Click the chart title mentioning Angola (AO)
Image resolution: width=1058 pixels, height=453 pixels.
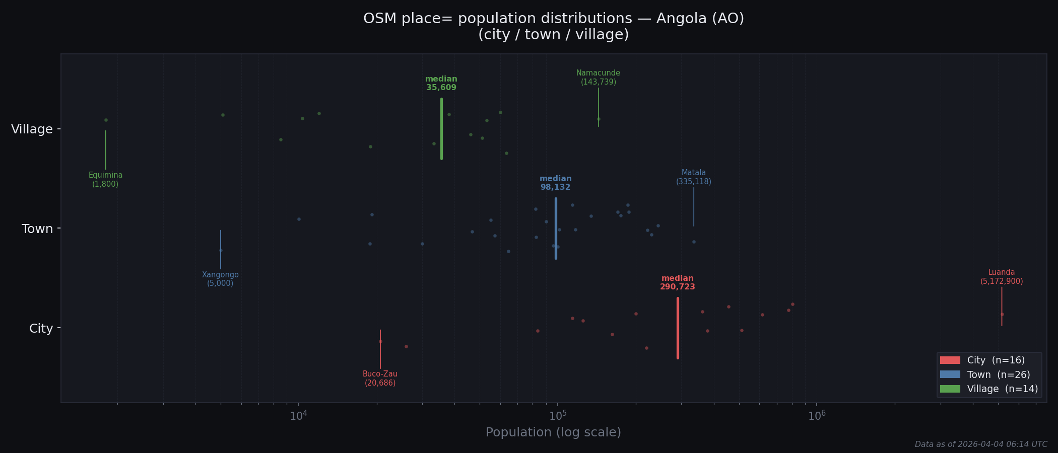tap(553, 26)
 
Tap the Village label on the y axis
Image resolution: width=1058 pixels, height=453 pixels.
tap(32, 129)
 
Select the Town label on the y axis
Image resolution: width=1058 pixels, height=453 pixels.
tap(37, 229)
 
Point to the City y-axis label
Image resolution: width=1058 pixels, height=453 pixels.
tap(41, 329)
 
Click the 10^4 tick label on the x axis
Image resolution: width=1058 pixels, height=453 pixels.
tap(299, 416)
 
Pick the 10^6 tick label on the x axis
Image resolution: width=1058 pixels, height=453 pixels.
tap(817, 416)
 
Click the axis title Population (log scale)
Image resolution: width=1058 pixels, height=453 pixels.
tap(553, 432)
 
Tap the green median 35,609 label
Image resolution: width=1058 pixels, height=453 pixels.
tap(441, 84)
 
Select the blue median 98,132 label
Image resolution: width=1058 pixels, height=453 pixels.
tap(555, 183)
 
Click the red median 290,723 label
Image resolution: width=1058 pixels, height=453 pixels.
tap(677, 283)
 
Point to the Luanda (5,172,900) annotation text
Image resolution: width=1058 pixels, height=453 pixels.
tap(1001, 277)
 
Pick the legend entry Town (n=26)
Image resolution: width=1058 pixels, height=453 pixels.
tap(998, 375)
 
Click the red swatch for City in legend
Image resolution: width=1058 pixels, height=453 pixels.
tap(950, 360)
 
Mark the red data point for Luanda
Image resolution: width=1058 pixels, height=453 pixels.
tap(1002, 315)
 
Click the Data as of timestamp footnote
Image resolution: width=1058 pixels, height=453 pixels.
tap(980, 444)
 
